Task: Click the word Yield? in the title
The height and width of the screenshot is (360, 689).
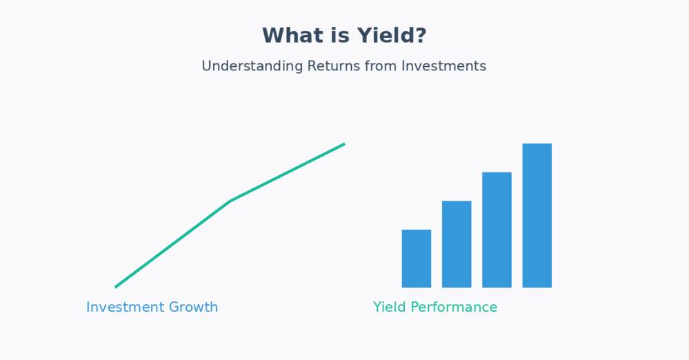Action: coord(391,35)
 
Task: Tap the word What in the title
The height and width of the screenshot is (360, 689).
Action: coord(294,35)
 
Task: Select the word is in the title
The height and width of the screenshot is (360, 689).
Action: coord(341,35)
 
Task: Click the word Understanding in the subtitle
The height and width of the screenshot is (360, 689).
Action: coord(252,66)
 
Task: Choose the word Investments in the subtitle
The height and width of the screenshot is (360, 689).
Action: coord(443,66)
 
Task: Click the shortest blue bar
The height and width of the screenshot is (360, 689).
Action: coord(417,259)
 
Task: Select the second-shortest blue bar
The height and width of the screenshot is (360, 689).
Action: coord(457,244)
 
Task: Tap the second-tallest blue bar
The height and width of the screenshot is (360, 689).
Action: coord(497,230)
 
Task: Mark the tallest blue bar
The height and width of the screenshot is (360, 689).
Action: coord(537,215)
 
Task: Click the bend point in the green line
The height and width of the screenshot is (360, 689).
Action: coord(230,201)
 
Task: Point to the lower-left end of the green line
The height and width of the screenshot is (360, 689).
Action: coord(116,287)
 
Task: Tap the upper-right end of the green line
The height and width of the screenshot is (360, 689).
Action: coord(345,143)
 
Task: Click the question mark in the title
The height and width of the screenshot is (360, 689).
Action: coord(421,35)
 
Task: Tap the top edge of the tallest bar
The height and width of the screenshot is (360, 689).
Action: coord(537,143)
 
